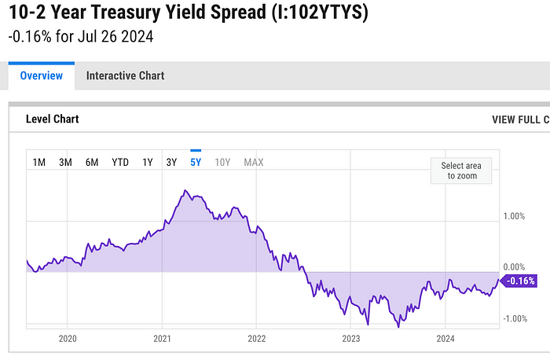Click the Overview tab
coord(42,76)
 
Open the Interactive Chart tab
coord(125,76)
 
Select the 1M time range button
coord(39,163)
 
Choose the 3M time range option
coord(66,163)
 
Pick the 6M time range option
coord(92,163)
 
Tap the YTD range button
coord(119,163)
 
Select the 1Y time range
coord(147,163)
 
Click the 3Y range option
coord(171,163)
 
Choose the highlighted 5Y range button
coord(196,163)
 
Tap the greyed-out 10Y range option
coord(222,163)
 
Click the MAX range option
coord(254,163)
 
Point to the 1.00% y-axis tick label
coord(515,216)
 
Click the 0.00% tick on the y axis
coord(515,267)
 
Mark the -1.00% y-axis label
coord(515,318)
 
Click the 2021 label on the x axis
coord(162,339)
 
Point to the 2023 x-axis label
coord(350,339)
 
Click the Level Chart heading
coord(53,119)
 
